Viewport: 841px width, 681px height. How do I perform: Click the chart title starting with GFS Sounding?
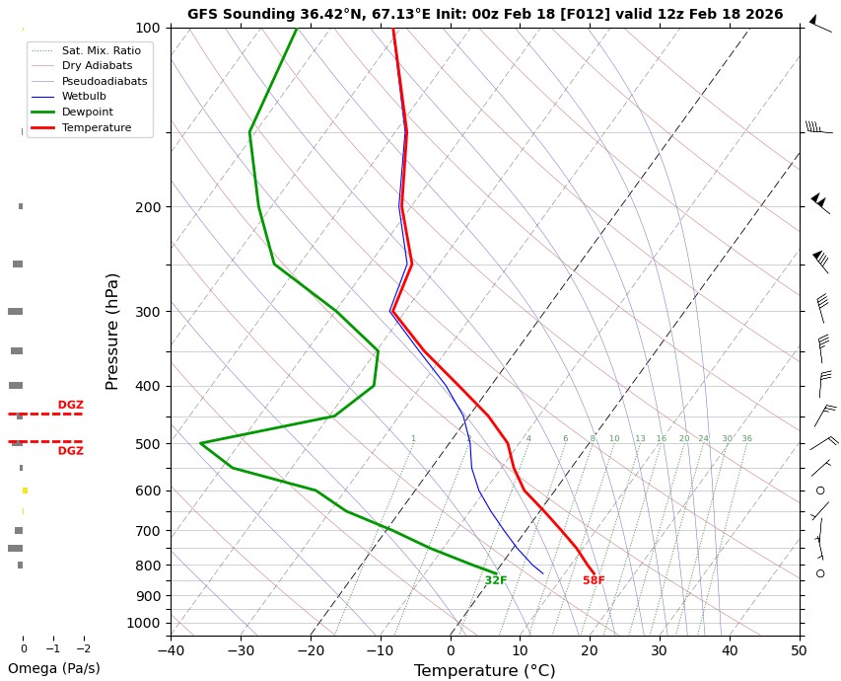tap(485, 14)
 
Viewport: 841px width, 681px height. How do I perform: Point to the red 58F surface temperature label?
tap(594, 580)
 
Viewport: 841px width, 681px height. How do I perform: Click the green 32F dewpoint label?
tap(495, 580)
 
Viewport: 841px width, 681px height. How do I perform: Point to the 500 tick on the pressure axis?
tap(147, 444)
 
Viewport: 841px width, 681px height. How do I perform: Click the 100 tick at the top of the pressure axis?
tap(147, 28)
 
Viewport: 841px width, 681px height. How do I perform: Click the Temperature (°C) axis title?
tap(485, 671)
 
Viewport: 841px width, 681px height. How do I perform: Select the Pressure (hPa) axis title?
tap(112, 331)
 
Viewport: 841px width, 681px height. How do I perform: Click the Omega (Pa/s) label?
tap(53, 668)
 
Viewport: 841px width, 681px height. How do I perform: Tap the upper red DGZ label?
tap(70, 405)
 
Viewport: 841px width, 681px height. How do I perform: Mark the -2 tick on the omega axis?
tap(84, 648)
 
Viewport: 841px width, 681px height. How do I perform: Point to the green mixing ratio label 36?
tap(746, 438)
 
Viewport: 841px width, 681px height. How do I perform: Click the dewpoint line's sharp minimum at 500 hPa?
tap(200, 444)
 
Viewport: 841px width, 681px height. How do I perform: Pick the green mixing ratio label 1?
tap(413, 438)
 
